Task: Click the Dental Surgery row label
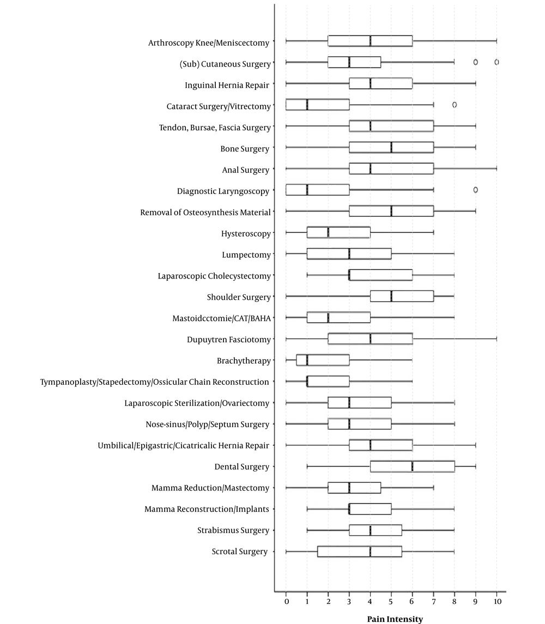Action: (x=241, y=467)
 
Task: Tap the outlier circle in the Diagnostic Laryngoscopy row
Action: (x=475, y=190)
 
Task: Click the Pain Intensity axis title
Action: (x=395, y=619)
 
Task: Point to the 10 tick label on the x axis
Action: (x=497, y=601)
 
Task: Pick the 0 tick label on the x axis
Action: (x=286, y=601)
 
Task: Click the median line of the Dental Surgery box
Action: (x=412, y=467)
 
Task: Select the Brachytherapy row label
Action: (x=244, y=361)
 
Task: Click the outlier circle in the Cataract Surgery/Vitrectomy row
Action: (x=454, y=105)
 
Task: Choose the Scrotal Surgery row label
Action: (x=240, y=552)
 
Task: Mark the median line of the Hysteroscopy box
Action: (x=328, y=232)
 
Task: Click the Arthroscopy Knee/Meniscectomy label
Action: (x=209, y=43)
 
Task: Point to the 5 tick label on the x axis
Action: (x=391, y=601)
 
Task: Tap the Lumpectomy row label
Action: (x=246, y=255)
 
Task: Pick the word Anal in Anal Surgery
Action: (x=231, y=170)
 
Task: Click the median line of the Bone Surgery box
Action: (x=391, y=147)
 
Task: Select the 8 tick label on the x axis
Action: (x=454, y=601)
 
